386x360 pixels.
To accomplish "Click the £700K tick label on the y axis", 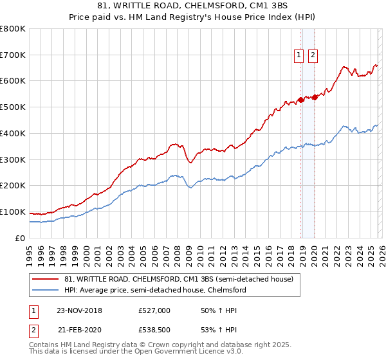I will coord(13,55).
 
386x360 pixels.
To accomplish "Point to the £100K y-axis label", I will coord(13,212).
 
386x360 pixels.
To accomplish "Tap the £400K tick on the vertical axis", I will coord(13,133).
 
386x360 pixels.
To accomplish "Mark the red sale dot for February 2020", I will coord(315,97).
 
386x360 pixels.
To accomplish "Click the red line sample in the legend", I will coord(46,279).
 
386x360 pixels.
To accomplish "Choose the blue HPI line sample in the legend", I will coord(46,290).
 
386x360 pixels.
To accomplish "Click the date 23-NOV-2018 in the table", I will coord(79,310).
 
